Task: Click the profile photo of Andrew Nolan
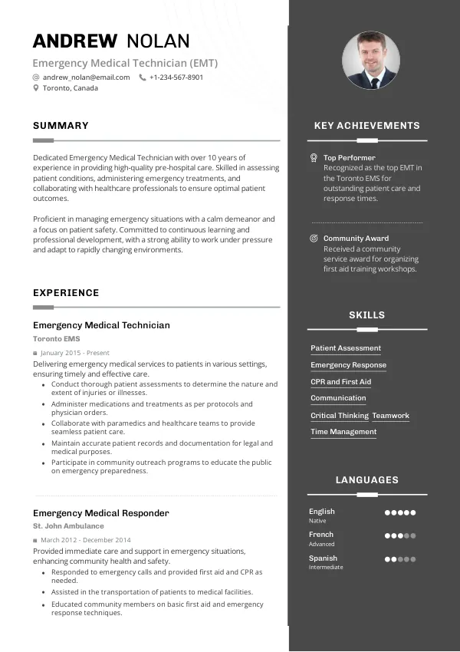point(370,61)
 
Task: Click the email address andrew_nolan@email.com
point(86,77)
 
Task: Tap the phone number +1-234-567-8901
point(176,77)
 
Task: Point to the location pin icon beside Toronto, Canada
point(36,88)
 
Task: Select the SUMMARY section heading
point(61,126)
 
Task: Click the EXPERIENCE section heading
point(66,293)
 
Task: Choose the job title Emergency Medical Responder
point(100,513)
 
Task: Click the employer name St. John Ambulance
point(68,526)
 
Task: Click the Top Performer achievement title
point(349,157)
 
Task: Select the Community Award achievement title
point(356,239)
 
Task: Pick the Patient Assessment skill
point(346,348)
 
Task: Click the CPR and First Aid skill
point(340,382)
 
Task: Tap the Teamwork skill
point(391,416)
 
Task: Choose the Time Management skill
point(343,432)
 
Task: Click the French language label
point(321,535)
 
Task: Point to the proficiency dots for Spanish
point(399,559)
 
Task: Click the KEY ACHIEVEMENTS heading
point(367,126)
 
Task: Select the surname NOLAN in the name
point(157,41)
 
